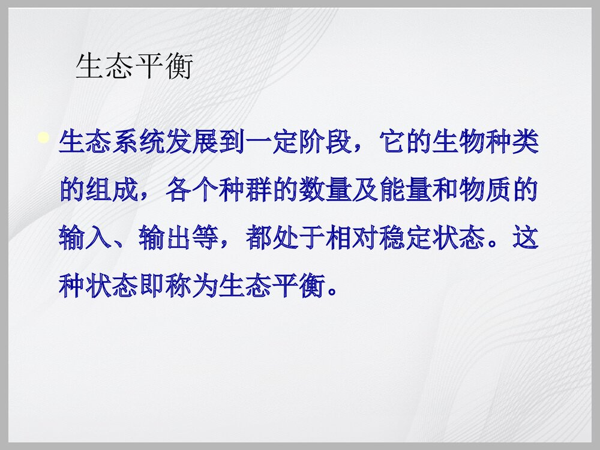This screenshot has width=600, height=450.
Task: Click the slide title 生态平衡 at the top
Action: [134, 68]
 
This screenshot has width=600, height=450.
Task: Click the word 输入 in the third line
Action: [86, 239]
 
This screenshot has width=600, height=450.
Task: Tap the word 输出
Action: [166, 239]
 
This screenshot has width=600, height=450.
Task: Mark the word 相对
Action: [352, 239]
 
